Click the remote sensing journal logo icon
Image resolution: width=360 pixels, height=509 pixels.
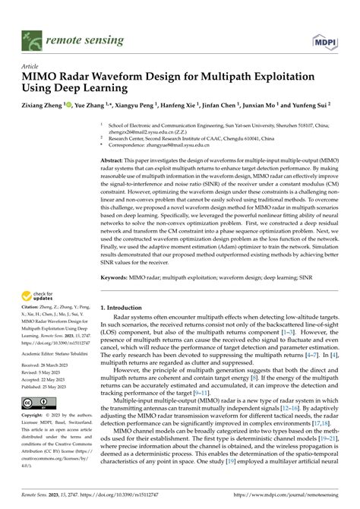click(31, 36)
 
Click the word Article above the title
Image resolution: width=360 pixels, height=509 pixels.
click(32, 66)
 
